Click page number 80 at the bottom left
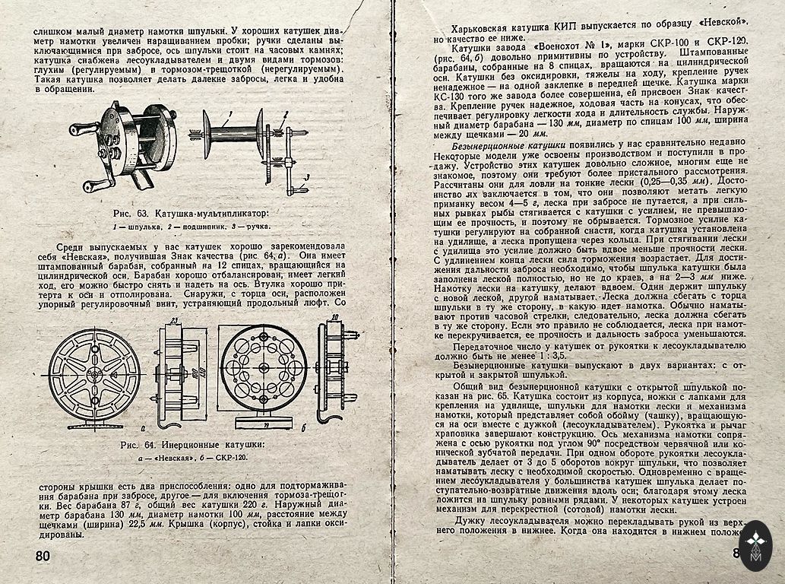click(x=43, y=556)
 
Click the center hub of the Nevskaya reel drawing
click(x=95, y=374)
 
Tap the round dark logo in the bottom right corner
click(x=755, y=545)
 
